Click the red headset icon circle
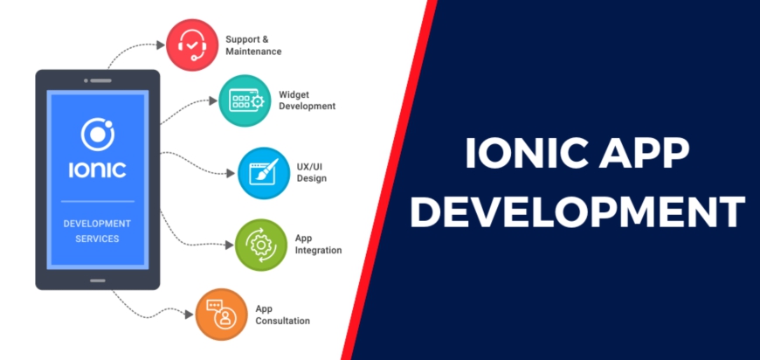click(x=192, y=45)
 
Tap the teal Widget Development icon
click(x=245, y=100)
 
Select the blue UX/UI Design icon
click(x=264, y=173)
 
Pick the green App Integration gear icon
click(x=261, y=245)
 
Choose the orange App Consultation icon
click(x=221, y=315)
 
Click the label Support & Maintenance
click(x=253, y=45)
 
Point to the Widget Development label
click(x=307, y=100)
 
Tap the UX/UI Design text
click(x=311, y=172)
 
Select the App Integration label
click(x=318, y=245)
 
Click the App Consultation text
click(x=282, y=315)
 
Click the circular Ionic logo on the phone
click(x=98, y=135)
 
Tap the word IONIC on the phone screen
click(x=98, y=170)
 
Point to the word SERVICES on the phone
click(x=98, y=239)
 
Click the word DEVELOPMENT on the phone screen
click(x=98, y=224)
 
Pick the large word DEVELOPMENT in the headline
click(x=577, y=211)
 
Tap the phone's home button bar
click(x=98, y=280)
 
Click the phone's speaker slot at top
click(x=100, y=80)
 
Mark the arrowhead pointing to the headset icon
click(x=161, y=45)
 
